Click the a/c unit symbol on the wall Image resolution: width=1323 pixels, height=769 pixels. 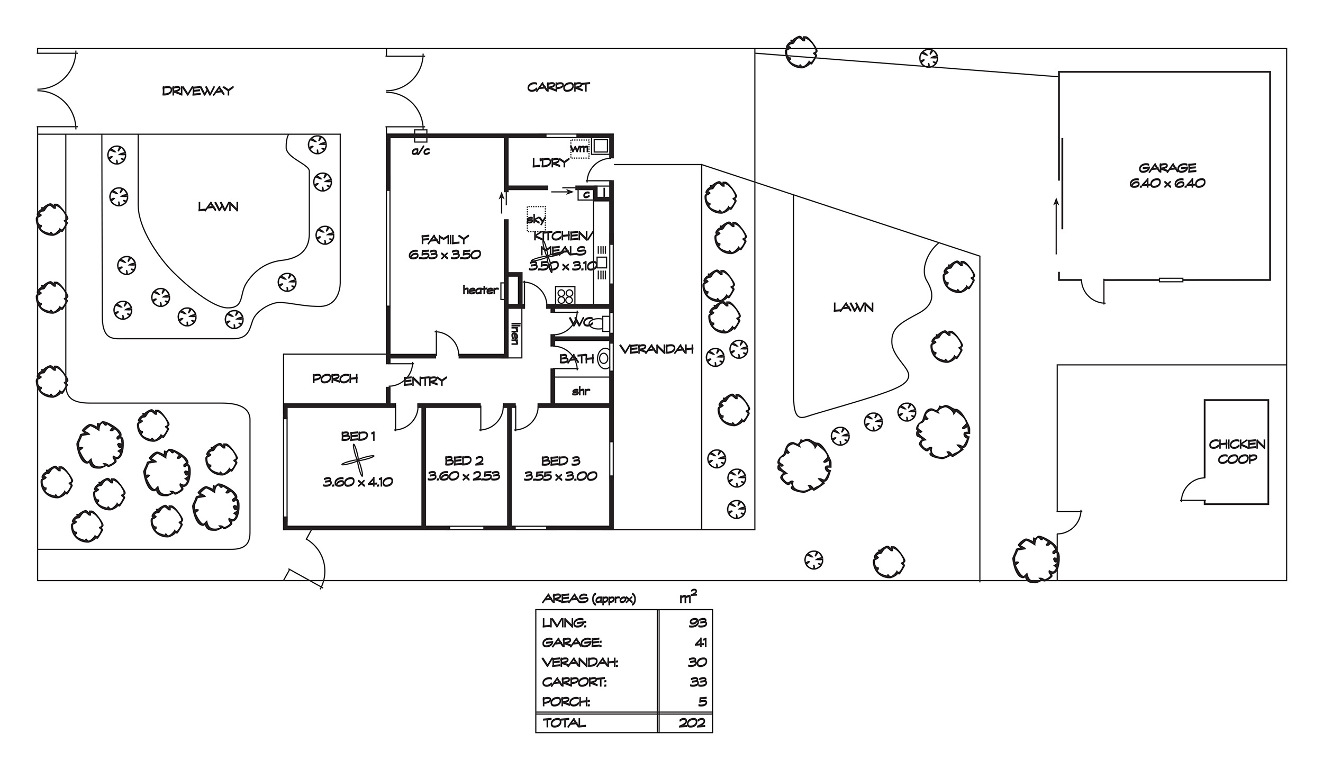420,136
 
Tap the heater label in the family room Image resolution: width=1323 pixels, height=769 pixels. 480,290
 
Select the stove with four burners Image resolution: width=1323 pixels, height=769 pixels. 565,295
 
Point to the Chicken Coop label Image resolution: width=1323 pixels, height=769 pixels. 1237,451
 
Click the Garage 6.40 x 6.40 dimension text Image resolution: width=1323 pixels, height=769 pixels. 1167,183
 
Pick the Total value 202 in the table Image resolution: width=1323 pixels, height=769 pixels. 692,723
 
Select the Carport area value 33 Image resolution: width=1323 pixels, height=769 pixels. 698,682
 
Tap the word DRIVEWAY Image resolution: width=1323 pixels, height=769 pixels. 197,91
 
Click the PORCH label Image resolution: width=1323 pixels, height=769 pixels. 335,378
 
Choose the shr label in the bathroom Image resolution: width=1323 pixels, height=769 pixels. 581,391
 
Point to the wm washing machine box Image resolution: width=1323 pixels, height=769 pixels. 579,149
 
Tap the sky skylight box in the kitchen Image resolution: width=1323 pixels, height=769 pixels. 536,219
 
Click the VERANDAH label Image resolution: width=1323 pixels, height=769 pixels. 656,349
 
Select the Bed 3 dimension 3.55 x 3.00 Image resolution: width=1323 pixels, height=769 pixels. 560,476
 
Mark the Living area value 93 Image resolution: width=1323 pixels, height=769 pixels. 697,623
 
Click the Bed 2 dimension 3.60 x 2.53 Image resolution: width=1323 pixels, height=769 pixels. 464,476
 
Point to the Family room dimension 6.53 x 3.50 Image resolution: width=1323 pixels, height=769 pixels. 445,255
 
